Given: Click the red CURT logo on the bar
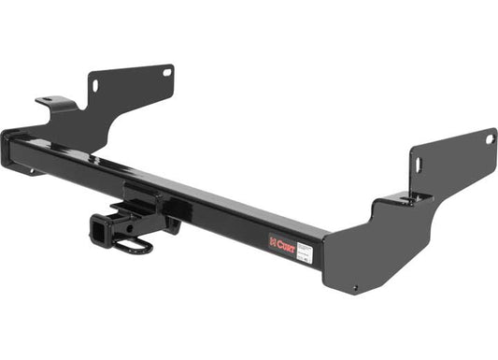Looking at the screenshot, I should point(282,241).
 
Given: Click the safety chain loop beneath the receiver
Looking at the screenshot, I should point(136,246).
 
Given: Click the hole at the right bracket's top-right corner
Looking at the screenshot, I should point(489,140).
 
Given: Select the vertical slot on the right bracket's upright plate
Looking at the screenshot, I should point(418,165).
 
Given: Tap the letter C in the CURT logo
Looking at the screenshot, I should point(277,240).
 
